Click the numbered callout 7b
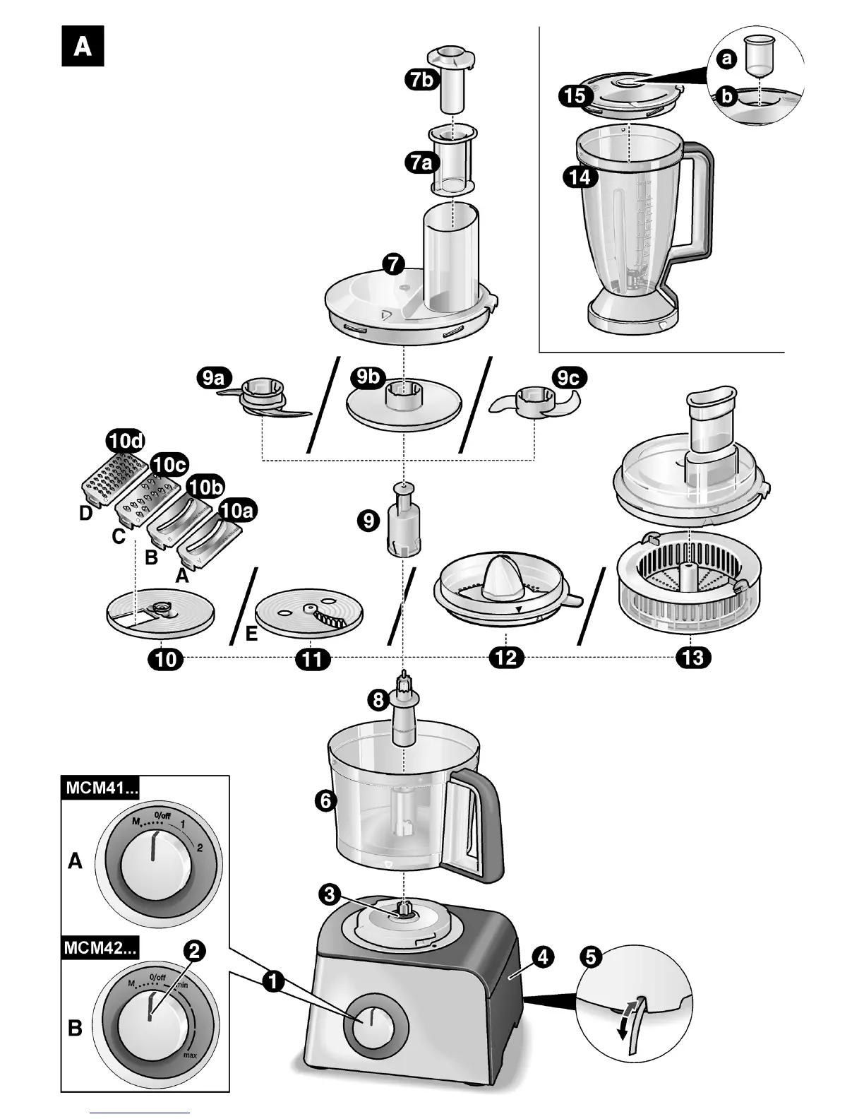coord(421,80)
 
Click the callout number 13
coord(693,658)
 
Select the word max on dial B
coord(189,1055)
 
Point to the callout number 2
coord(194,952)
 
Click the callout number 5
coord(591,958)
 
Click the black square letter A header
coord(83,46)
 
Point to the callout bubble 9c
coord(568,379)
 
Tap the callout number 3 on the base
coord(330,894)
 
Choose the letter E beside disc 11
coord(251,635)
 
